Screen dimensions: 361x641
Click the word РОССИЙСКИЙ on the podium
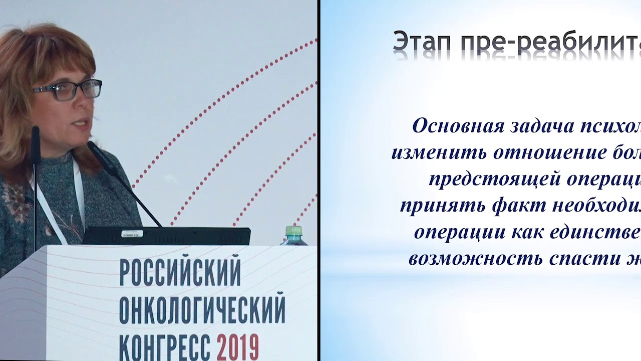tap(180, 274)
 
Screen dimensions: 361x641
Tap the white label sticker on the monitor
tap(132, 234)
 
